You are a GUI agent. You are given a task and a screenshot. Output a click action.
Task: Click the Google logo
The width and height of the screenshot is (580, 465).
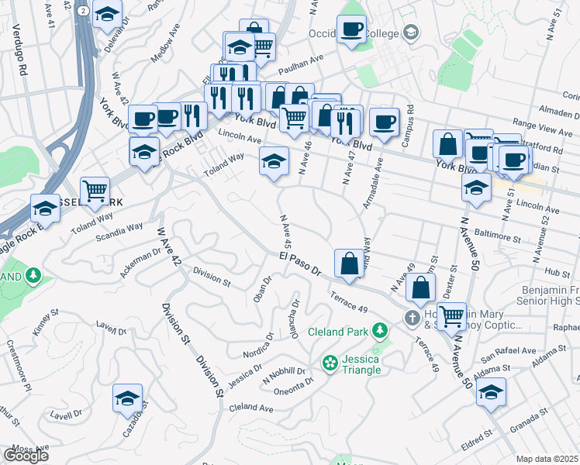tap(26, 455)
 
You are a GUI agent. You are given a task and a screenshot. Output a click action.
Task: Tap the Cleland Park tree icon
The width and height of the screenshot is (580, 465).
tap(380, 332)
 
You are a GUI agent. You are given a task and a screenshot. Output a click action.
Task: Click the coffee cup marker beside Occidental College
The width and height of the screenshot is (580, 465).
tap(353, 30)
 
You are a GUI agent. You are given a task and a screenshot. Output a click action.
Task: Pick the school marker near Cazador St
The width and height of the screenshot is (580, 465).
tap(127, 398)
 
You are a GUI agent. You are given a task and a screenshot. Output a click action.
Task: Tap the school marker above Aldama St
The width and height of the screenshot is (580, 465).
tap(492, 393)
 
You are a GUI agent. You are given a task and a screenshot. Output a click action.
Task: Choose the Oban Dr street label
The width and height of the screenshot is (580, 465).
tap(261, 289)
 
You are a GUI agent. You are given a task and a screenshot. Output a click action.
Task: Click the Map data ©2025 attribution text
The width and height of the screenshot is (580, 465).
tap(547, 459)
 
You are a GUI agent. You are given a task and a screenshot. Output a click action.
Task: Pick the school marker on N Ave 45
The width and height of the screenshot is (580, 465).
tap(273, 162)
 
